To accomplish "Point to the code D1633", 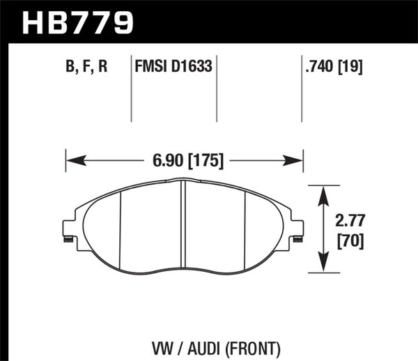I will pos(193,68).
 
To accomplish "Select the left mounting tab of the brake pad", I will pos(68,230).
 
